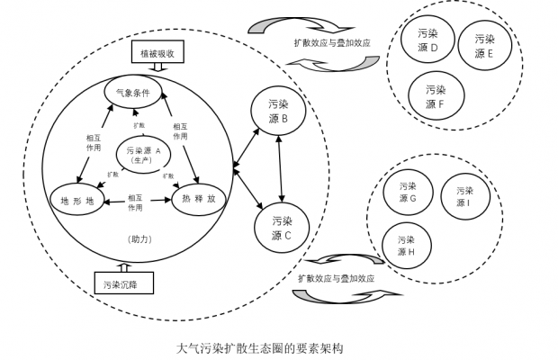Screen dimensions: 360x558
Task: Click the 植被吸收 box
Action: [x=157, y=54]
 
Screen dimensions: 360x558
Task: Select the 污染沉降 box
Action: [x=121, y=284]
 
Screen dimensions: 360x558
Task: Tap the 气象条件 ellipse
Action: [x=132, y=93]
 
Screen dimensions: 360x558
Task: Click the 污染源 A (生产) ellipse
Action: [x=144, y=154]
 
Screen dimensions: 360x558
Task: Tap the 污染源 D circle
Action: [x=428, y=40]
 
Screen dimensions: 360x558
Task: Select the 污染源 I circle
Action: [x=464, y=196]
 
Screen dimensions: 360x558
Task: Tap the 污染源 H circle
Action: [x=406, y=246]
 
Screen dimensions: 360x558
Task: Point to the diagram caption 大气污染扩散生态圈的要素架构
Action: [x=261, y=346]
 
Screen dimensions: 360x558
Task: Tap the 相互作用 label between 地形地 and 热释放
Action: [x=136, y=202]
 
